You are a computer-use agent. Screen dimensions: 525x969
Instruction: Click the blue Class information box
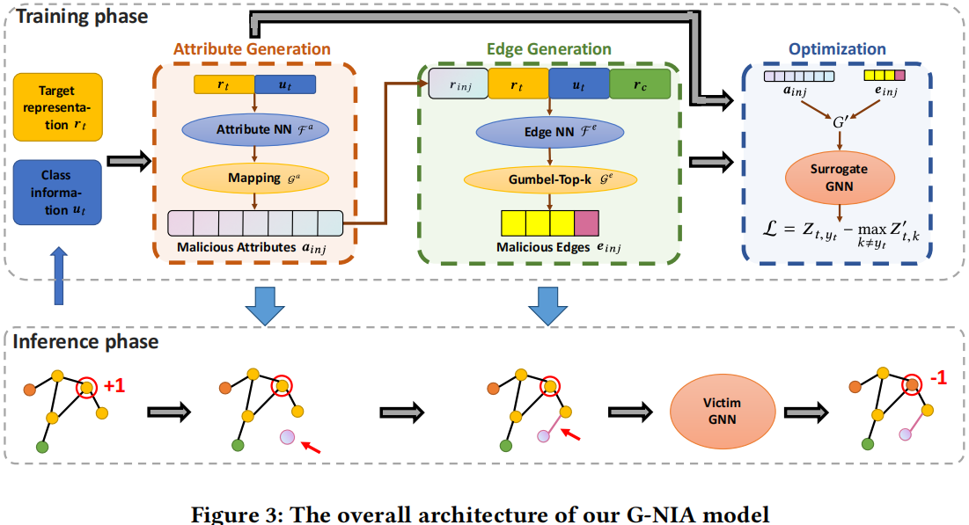pos(59,192)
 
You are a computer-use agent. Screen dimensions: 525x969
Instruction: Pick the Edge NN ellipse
pos(550,132)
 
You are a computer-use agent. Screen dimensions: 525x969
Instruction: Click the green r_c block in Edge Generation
pos(640,85)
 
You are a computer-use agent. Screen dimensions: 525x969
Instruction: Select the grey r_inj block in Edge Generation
pos(459,85)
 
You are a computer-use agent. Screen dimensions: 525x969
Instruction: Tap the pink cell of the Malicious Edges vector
pos(586,222)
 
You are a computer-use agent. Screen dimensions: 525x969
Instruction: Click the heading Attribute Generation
pos(252,49)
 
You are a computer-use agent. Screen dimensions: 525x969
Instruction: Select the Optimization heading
pos(837,49)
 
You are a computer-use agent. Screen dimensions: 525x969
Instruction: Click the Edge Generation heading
pos(549,49)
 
